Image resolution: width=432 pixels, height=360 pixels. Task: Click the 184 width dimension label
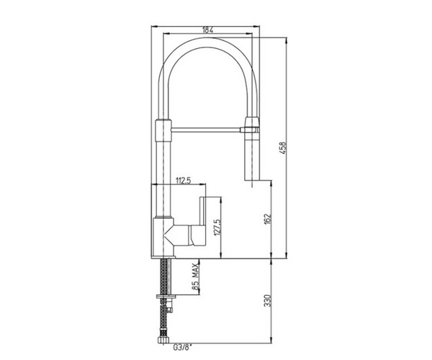click(208, 30)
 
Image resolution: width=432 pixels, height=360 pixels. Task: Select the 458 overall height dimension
click(283, 148)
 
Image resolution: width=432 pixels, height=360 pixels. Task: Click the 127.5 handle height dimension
click(217, 228)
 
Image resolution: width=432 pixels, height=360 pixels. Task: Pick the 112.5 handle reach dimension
click(183, 181)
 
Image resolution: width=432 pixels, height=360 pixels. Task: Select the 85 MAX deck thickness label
click(195, 276)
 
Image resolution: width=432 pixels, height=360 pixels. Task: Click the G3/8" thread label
click(182, 347)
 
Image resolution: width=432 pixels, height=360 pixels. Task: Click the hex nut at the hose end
click(163, 339)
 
